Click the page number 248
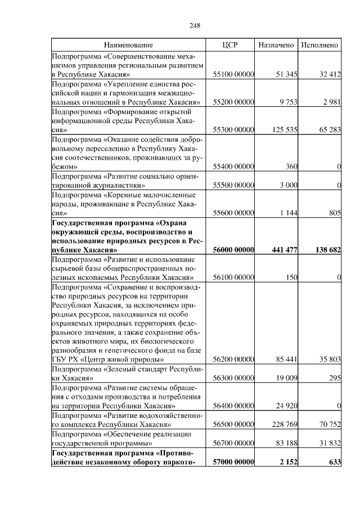[x=195, y=26]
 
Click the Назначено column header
[x=276, y=44]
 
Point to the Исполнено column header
[x=319, y=44]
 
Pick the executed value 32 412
[x=330, y=74]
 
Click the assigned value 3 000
[x=287, y=185]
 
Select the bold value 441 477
[x=283, y=250]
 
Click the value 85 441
[x=286, y=359]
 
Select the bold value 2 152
[x=287, y=462]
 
